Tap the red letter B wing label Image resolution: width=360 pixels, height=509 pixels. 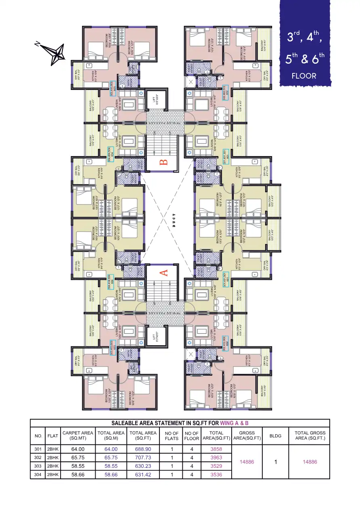163,163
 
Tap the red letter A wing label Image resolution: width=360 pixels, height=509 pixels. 164,272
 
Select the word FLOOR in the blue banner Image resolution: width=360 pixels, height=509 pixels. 304,75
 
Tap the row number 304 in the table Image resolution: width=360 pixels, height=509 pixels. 38,475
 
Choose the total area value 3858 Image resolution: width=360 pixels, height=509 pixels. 216,449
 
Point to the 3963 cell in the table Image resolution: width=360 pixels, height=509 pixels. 216,458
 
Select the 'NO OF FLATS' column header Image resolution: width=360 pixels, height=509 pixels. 172,436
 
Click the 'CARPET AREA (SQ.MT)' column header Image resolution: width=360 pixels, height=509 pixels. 78,436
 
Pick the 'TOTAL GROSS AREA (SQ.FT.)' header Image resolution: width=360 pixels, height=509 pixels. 310,436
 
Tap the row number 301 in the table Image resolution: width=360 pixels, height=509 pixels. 38,449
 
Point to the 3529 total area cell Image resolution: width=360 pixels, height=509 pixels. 216,466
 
